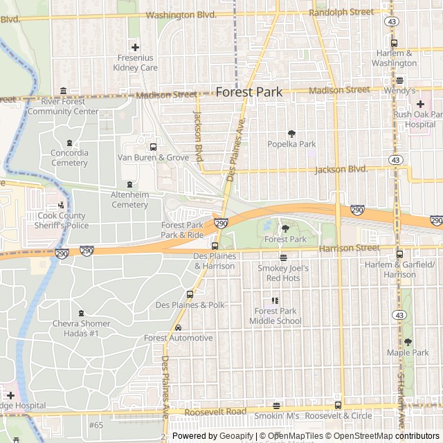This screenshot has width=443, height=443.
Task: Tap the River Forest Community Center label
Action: tap(63, 106)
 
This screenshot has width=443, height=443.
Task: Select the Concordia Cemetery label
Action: tap(69, 158)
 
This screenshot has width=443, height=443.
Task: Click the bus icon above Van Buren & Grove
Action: tap(153, 146)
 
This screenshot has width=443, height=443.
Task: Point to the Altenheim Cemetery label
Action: tap(129, 199)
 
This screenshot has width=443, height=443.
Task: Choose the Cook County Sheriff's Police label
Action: tap(62, 220)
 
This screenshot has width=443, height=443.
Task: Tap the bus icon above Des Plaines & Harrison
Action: tap(215, 246)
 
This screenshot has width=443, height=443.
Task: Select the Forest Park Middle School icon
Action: tap(275, 301)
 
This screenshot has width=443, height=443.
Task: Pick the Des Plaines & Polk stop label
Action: tap(190, 305)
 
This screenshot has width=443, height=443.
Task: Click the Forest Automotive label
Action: tap(178, 338)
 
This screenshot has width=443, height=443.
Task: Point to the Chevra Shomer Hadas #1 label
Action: tap(81, 328)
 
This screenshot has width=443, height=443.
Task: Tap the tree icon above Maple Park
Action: tap(408, 342)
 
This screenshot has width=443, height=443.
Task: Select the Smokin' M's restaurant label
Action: tap(276, 415)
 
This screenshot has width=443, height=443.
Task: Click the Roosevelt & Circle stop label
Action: tap(338, 415)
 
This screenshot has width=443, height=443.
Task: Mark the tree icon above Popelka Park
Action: tap(291, 134)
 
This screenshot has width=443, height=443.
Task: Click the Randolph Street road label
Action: tap(341, 12)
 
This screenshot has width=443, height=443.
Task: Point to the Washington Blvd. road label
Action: tap(182, 14)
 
